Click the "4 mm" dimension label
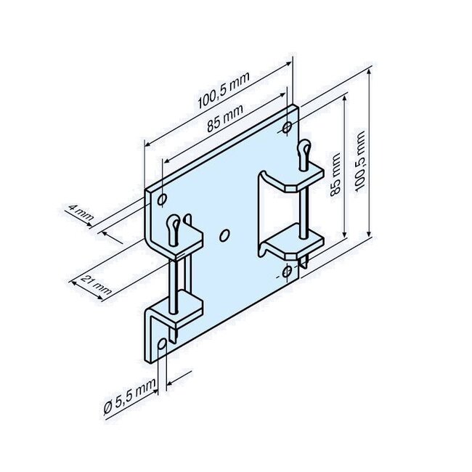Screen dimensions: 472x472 click(80, 214)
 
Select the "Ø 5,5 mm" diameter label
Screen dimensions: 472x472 click(130, 396)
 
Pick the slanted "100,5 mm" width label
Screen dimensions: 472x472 click(219, 100)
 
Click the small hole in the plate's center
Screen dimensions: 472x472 click(224, 234)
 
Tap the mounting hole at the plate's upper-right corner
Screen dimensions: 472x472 click(288, 128)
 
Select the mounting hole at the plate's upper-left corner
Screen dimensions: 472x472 click(162, 198)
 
